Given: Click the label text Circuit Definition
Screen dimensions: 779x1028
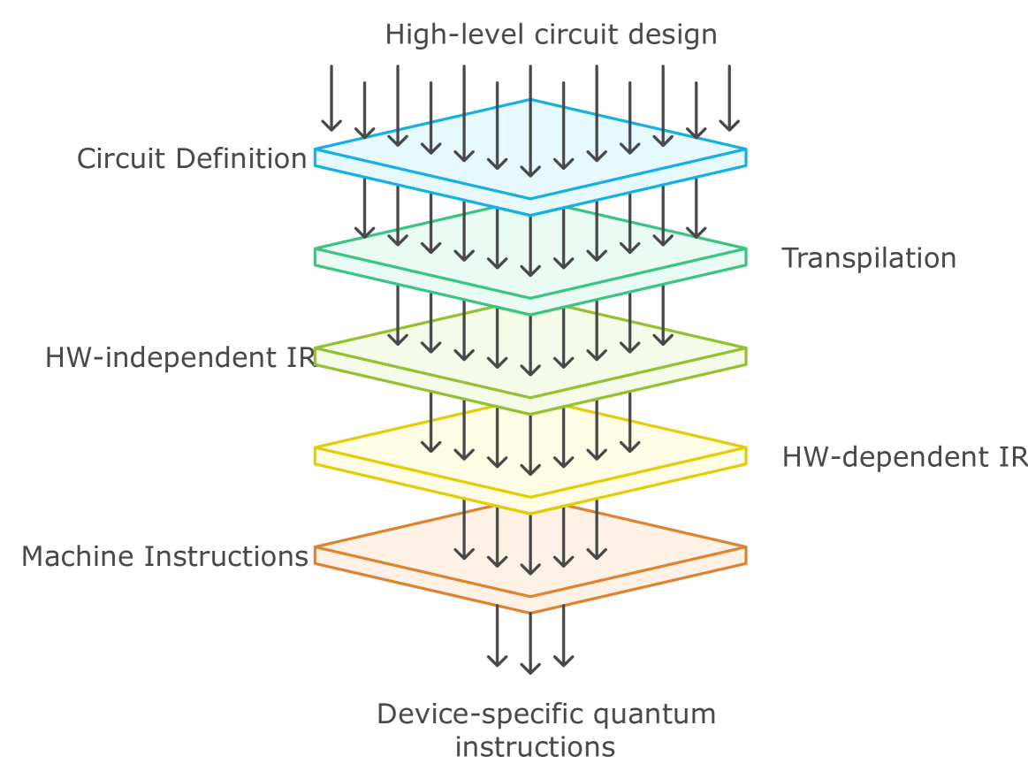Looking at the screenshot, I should click(x=192, y=159).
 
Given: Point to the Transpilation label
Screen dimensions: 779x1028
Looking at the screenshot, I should click(x=869, y=258).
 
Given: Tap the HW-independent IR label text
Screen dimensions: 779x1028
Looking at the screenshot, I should click(x=180, y=358).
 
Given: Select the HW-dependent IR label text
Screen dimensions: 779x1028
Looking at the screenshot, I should click(x=904, y=457).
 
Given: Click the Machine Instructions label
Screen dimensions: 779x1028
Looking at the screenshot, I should click(x=165, y=557).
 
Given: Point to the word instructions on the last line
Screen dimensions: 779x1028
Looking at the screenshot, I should click(x=535, y=746).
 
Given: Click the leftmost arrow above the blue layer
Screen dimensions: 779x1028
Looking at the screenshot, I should click(x=331, y=98).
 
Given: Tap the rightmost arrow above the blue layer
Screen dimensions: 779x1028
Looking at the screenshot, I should click(x=729, y=98).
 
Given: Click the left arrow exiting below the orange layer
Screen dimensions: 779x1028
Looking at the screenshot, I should click(x=497, y=637).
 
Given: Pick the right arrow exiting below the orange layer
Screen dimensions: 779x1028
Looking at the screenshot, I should click(x=563, y=637).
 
